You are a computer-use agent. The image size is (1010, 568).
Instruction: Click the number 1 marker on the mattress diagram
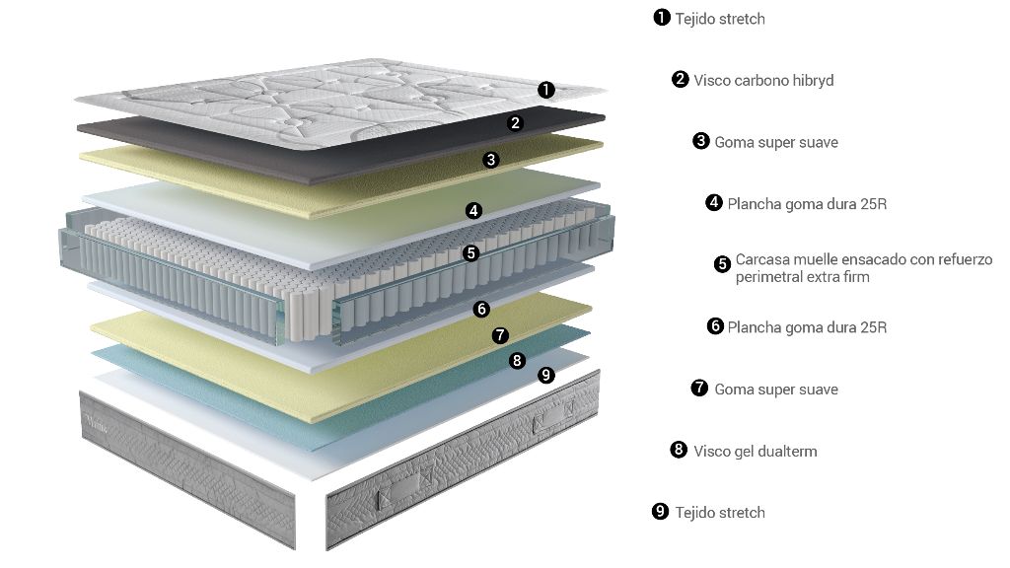coord(546,90)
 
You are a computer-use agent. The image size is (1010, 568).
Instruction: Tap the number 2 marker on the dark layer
coord(515,123)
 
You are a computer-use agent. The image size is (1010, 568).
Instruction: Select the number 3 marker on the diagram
coord(491,159)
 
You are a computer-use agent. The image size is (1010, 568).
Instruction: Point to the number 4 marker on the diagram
coord(473,210)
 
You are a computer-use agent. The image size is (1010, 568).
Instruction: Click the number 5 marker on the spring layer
coord(470,252)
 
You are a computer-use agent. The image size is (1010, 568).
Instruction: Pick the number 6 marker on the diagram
coord(481,309)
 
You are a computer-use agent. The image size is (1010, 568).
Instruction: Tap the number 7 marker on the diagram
coord(500,335)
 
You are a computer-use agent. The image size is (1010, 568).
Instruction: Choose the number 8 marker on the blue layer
coord(518,360)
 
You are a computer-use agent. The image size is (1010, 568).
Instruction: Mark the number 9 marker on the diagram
coord(546,375)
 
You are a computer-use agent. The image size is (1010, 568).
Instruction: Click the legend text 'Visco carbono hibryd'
coord(763,81)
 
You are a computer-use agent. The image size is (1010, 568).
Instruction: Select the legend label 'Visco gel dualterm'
coord(756,452)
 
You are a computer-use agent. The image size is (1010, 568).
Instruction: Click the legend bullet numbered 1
coord(662,18)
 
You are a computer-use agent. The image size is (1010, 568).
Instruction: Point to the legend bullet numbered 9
coord(661,511)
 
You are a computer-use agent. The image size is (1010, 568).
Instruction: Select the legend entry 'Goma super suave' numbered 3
coord(776,142)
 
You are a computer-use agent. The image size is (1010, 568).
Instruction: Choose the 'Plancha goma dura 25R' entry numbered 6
coord(807,327)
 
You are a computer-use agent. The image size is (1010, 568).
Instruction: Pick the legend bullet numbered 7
coord(699,388)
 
